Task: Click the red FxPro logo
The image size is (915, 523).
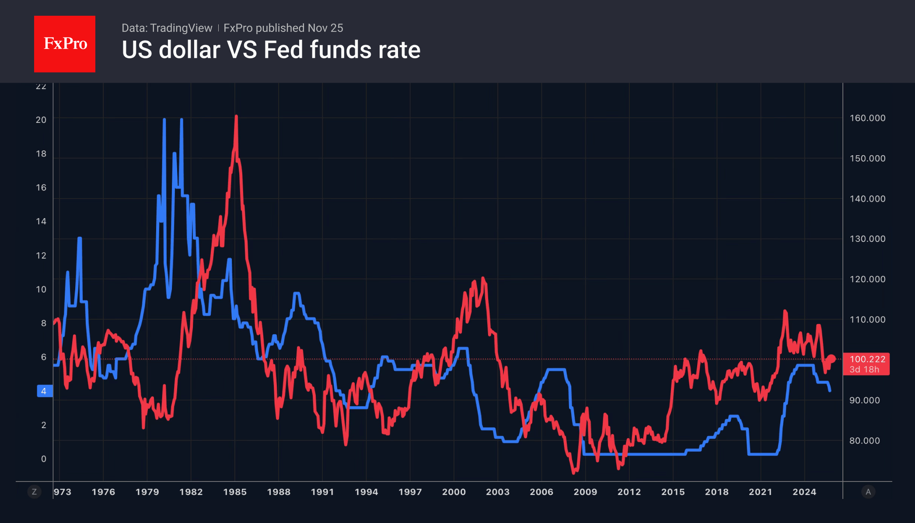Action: [65, 44]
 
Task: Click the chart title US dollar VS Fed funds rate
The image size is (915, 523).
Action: [271, 50]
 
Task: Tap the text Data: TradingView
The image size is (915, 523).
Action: [167, 28]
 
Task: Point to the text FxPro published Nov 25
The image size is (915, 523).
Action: [283, 28]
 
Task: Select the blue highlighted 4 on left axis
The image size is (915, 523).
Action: [44, 391]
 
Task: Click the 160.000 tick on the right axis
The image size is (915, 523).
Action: [867, 118]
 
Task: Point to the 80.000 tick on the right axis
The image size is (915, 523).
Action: [864, 441]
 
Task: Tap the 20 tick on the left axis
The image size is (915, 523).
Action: [41, 120]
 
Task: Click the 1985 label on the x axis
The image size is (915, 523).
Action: [235, 492]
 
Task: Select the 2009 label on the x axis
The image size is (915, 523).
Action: [585, 492]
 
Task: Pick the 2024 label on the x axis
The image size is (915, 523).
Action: [804, 492]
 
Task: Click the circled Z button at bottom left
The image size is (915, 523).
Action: [34, 492]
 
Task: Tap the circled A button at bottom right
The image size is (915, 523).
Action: [868, 492]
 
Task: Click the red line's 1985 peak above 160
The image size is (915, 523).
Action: [236, 117]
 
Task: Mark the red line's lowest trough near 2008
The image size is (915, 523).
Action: [574, 473]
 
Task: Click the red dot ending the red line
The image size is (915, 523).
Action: [832, 359]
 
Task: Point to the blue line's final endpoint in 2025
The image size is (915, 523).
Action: [830, 390]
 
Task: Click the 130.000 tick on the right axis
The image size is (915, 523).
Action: [867, 239]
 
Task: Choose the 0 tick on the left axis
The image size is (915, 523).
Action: [44, 459]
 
